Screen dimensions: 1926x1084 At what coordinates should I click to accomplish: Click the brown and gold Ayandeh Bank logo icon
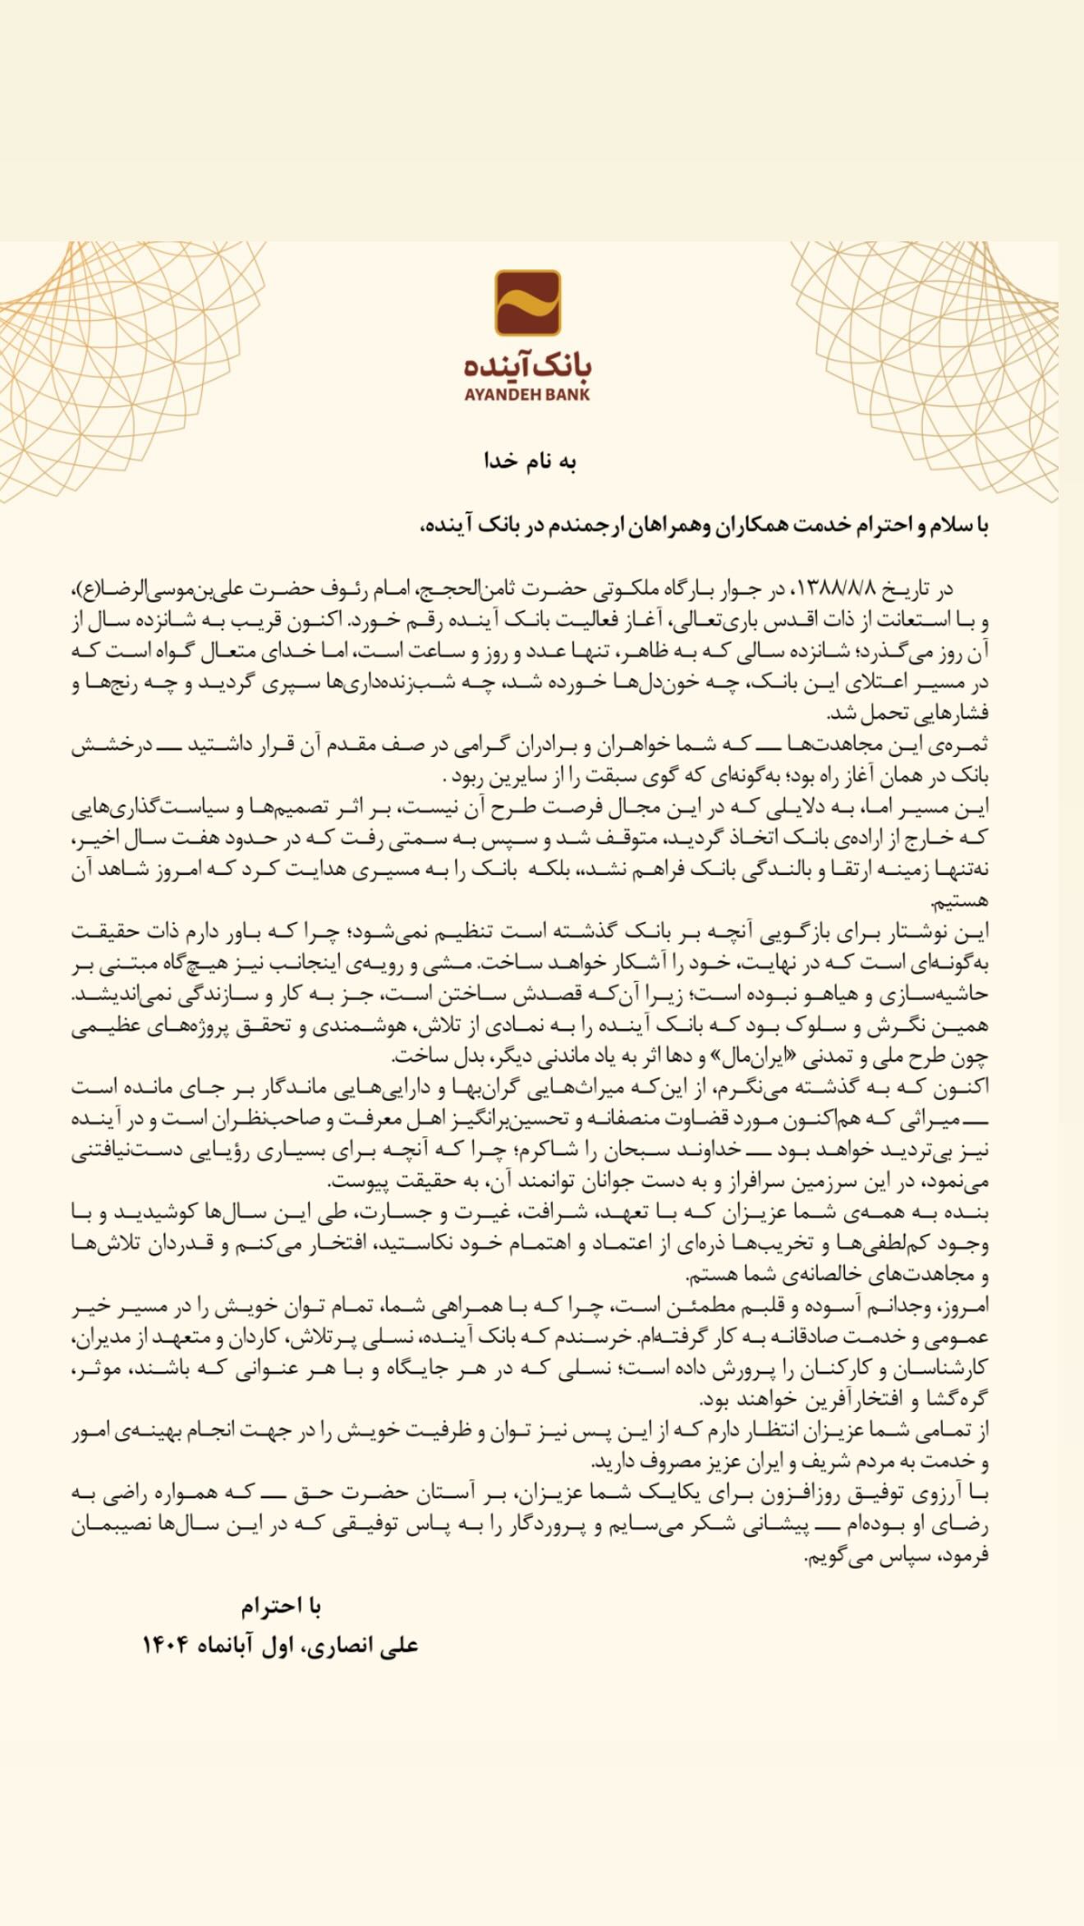(x=527, y=303)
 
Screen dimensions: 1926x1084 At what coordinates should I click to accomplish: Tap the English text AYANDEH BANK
(x=527, y=394)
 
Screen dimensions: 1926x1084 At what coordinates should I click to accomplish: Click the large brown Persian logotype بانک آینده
(x=527, y=365)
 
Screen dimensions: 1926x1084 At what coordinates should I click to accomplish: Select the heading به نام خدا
(x=530, y=461)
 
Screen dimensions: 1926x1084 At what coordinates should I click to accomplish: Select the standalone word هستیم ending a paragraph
(x=960, y=901)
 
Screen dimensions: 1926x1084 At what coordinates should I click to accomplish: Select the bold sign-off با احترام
(x=280, y=1607)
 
